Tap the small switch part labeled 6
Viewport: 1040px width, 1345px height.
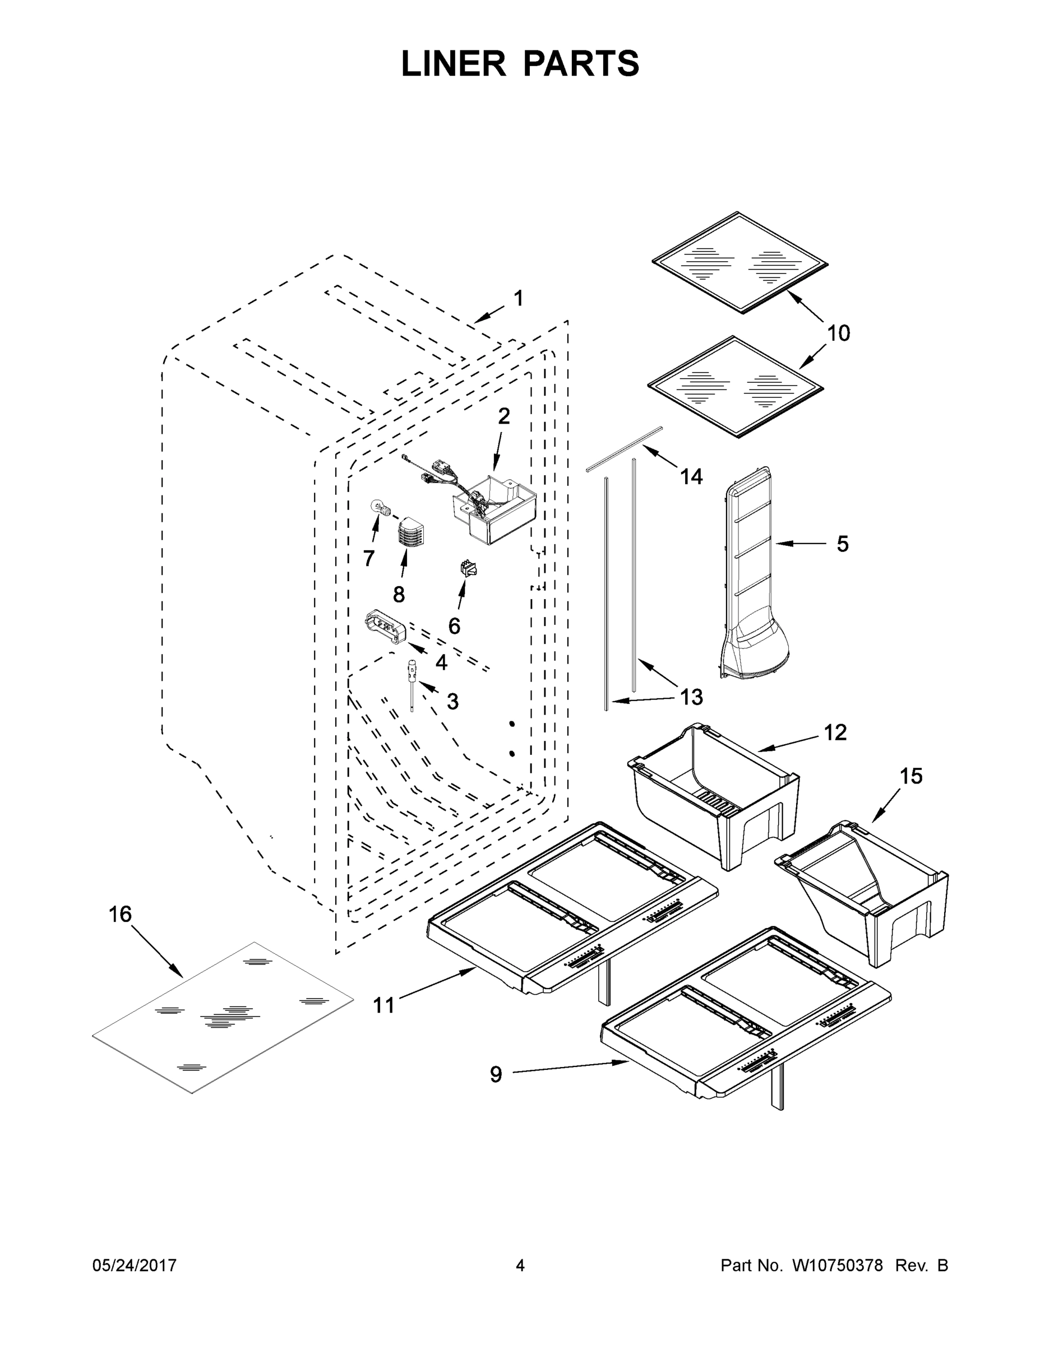(469, 568)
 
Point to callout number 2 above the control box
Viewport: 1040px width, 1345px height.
(504, 417)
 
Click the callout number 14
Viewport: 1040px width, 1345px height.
(691, 477)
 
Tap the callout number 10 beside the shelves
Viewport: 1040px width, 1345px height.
(838, 333)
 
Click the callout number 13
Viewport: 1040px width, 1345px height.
(691, 697)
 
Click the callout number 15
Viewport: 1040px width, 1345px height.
(910, 776)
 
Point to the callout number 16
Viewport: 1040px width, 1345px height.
(120, 914)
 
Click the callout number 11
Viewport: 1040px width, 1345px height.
(383, 1006)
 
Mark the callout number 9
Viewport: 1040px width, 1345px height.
(496, 1075)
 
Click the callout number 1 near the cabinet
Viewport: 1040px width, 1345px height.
(518, 299)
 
